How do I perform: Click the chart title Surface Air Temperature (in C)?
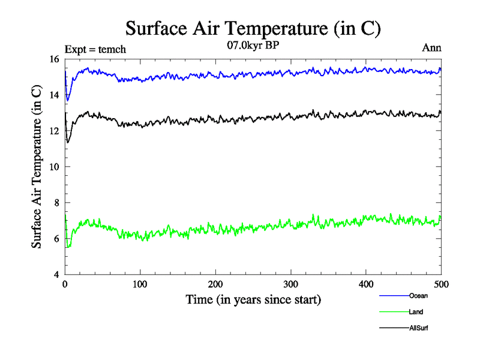point(253,28)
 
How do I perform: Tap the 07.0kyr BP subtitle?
point(253,45)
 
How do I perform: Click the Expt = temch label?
point(95,50)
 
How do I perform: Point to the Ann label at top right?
point(432,49)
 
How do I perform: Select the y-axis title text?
point(37,167)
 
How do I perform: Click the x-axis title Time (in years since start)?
point(253,299)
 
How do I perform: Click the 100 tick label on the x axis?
point(140,284)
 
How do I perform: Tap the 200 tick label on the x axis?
point(215,284)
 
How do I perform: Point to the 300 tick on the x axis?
point(291,284)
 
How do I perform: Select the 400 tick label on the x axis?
point(366,284)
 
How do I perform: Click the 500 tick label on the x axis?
point(441,284)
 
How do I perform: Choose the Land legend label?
point(415,312)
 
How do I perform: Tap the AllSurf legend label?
point(418,328)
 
